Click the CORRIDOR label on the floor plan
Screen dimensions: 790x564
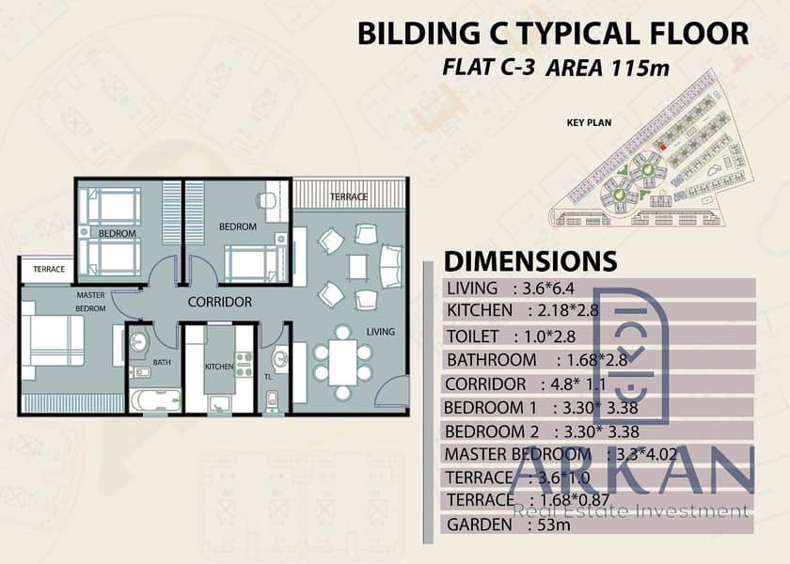220,302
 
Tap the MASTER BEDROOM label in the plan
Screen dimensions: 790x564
90,302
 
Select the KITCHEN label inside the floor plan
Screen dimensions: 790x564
219,367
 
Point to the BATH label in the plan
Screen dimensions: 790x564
162,362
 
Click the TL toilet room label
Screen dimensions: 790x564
268,377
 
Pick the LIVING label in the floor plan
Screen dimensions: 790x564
380,331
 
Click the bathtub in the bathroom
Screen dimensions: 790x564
155,400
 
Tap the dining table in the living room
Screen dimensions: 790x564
342,363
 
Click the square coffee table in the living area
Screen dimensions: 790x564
358,267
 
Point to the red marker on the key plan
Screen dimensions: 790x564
662,147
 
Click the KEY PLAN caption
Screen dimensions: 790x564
589,122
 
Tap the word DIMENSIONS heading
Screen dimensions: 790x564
530,261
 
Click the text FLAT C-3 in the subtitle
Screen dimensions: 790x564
488,67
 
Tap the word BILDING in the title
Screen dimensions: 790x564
419,34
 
